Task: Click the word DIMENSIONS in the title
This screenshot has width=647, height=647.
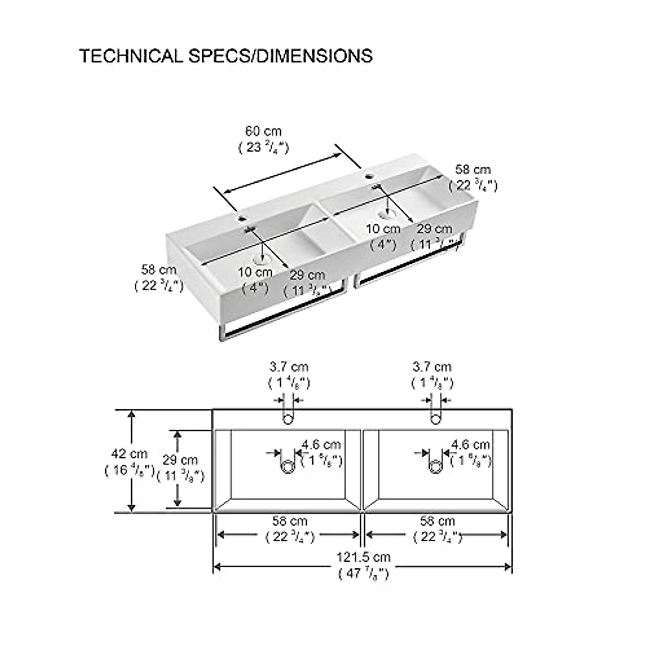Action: tap(314, 56)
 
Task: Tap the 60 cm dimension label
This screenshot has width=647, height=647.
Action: tap(264, 131)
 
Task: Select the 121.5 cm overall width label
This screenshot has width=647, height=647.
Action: tap(363, 557)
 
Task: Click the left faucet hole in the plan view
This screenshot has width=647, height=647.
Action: tap(288, 418)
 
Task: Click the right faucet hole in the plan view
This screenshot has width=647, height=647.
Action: tap(436, 418)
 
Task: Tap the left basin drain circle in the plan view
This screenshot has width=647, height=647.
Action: tap(288, 466)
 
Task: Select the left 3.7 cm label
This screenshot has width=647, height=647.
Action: tap(289, 367)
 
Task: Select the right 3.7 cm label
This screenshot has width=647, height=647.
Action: tap(432, 367)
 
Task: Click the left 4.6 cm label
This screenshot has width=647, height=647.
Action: tap(321, 445)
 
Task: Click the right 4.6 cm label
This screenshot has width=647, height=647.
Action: tap(471, 445)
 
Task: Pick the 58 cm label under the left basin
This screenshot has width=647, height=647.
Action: tap(290, 521)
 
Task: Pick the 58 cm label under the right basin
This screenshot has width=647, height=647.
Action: tap(437, 521)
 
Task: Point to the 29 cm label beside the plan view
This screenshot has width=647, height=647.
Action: tap(180, 460)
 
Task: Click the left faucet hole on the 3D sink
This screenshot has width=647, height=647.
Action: tap(240, 219)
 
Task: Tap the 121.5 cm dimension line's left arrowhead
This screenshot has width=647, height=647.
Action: tap(218, 566)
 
